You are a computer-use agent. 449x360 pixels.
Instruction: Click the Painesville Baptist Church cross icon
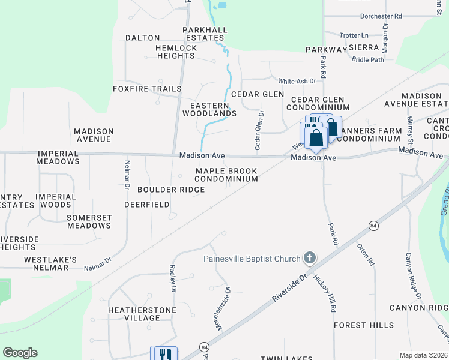pyautogui.click(x=310, y=259)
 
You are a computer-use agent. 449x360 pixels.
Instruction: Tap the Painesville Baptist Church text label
pyautogui.click(x=252, y=259)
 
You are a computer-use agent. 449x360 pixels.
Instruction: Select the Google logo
pyautogui.click(x=20, y=353)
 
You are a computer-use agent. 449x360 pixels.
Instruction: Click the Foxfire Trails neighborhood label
pyautogui.click(x=147, y=89)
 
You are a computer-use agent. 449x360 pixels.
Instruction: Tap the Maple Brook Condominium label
pyautogui.click(x=226, y=175)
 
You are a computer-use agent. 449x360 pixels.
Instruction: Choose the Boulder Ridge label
pyautogui.click(x=171, y=190)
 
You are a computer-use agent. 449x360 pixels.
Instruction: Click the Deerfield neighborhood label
pyautogui.click(x=147, y=204)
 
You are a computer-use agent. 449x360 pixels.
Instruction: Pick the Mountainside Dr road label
pyautogui.click(x=224, y=308)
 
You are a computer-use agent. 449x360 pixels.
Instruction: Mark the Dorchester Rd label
pyautogui.click(x=381, y=16)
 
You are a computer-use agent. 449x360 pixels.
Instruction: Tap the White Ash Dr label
pyautogui.click(x=297, y=81)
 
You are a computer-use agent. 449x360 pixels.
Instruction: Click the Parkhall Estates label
pyautogui.click(x=205, y=34)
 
